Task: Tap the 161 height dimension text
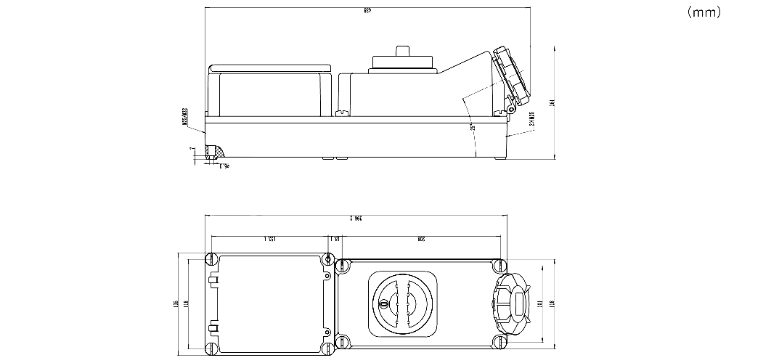click(x=552, y=102)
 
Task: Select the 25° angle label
click(x=472, y=128)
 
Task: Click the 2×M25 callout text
click(x=531, y=119)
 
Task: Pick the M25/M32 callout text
click(x=184, y=117)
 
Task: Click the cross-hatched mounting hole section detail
click(x=215, y=152)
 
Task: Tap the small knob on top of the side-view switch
click(x=402, y=50)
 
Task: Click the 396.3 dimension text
click(x=355, y=218)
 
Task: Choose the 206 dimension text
click(x=421, y=239)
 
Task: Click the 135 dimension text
click(x=176, y=303)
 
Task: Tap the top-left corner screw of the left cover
click(x=213, y=258)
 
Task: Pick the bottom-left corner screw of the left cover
click(x=213, y=347)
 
